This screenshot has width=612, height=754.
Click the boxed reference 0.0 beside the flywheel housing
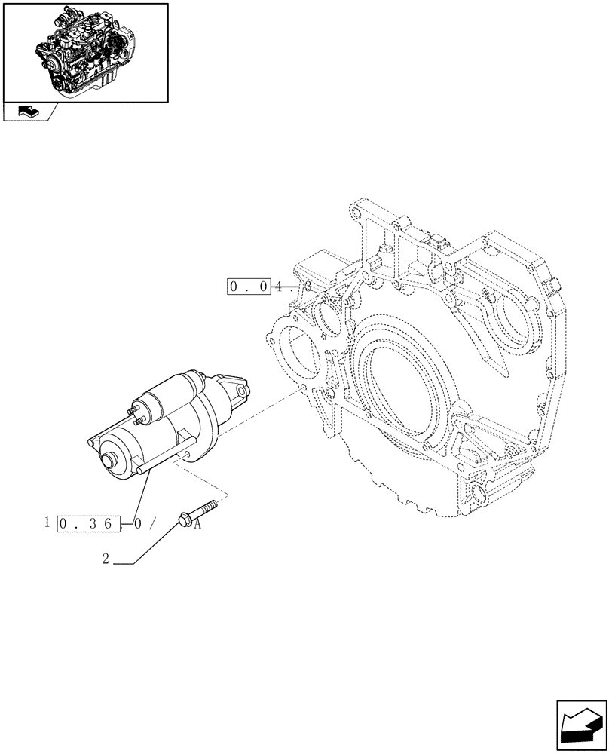[x=248, y=287]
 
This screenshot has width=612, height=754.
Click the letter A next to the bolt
[x=197, y=525]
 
